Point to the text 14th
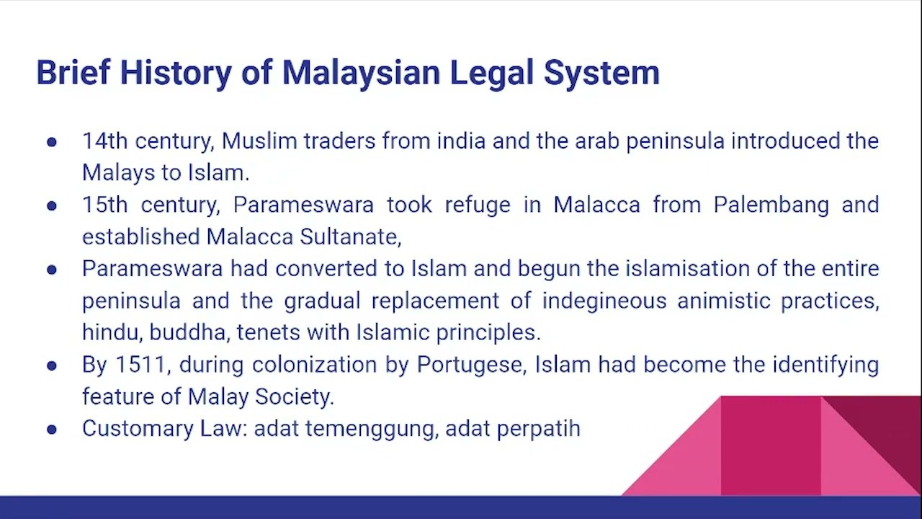click(x=104, y=141)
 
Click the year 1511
click(x=140, y=364)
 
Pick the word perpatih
click(x=538, y=428)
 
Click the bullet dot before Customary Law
click(x=52, y=429)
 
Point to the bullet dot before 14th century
click(x=52, y=141)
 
